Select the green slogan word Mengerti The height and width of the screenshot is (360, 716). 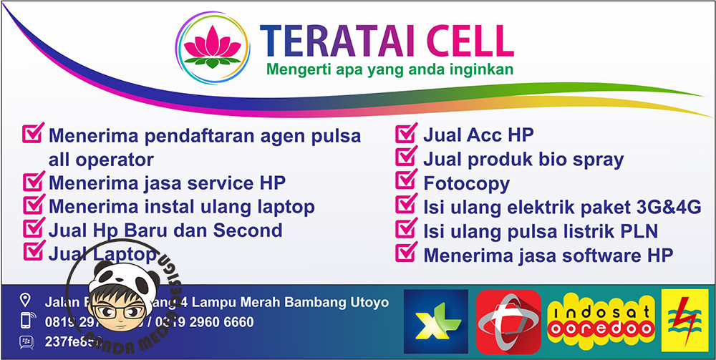295,70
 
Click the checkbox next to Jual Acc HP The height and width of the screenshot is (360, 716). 407,133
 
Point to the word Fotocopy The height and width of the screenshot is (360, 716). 466,184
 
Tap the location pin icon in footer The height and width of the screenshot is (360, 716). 25,299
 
